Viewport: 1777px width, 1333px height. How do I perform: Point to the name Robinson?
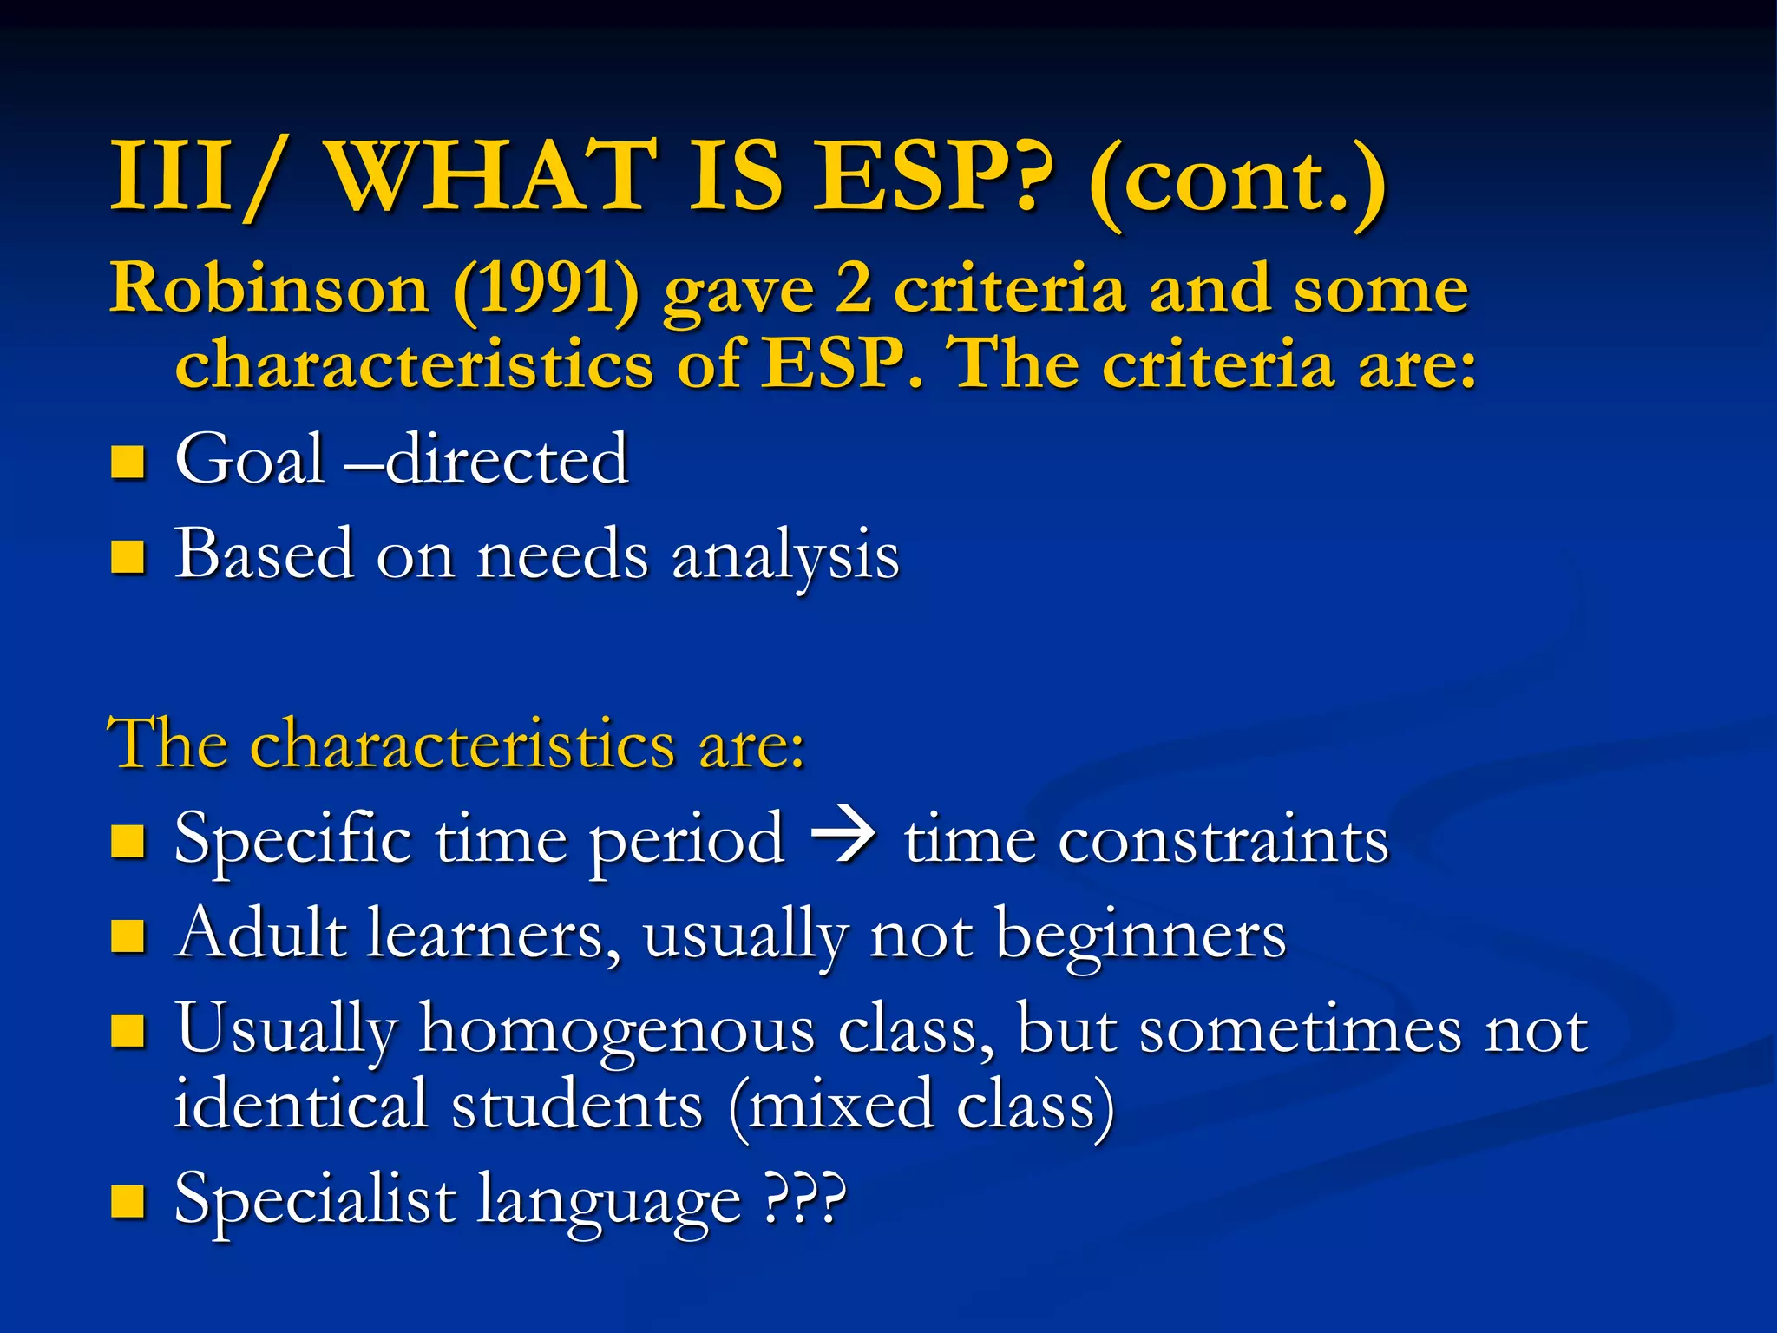269,288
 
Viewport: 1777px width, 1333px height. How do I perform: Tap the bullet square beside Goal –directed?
128,462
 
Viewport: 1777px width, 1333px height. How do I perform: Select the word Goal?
250,459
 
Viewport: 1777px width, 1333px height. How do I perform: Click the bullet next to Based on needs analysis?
128,557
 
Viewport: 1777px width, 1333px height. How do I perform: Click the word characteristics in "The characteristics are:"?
463,745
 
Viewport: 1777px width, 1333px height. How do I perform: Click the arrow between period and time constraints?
843,839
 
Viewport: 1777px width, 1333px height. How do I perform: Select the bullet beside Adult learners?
128,936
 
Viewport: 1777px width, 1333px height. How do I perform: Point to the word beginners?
1141,936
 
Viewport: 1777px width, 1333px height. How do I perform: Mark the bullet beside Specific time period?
128,841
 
